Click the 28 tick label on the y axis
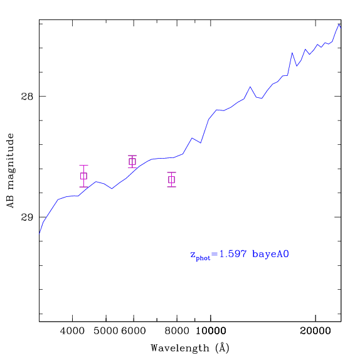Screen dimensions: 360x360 (x=27, y=97)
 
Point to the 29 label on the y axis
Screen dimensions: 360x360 (x=27, y=217)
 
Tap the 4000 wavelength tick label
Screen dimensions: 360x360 (x=72, y=331)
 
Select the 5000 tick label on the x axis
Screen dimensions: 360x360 (x=106, y=331)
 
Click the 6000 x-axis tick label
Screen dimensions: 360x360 (x=134, y=331)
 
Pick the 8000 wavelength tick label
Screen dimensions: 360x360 (x=177, y=331)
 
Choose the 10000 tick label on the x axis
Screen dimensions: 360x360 (x=211, y=331)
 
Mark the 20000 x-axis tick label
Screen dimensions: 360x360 (x=315, y=331)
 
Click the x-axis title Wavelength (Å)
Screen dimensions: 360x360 (x=190, y=348)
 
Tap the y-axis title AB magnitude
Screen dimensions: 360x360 (x=10, y=171)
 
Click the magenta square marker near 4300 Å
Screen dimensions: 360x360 (x=83, y=176)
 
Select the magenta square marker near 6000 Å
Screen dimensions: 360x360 (x=132, y=162)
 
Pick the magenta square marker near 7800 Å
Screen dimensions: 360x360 (x=171, y=179)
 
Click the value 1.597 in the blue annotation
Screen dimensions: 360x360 (x=233, y=254)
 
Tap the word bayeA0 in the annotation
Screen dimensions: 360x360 (x=270, y=254)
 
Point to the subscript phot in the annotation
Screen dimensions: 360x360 (x=203, y=258)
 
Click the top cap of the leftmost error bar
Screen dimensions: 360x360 (x=83, y=165)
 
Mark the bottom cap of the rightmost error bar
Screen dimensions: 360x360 (x=171, y=187)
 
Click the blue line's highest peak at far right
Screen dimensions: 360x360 (x=339, y=24)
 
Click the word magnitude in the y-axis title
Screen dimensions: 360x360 (x=10, y=161)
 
